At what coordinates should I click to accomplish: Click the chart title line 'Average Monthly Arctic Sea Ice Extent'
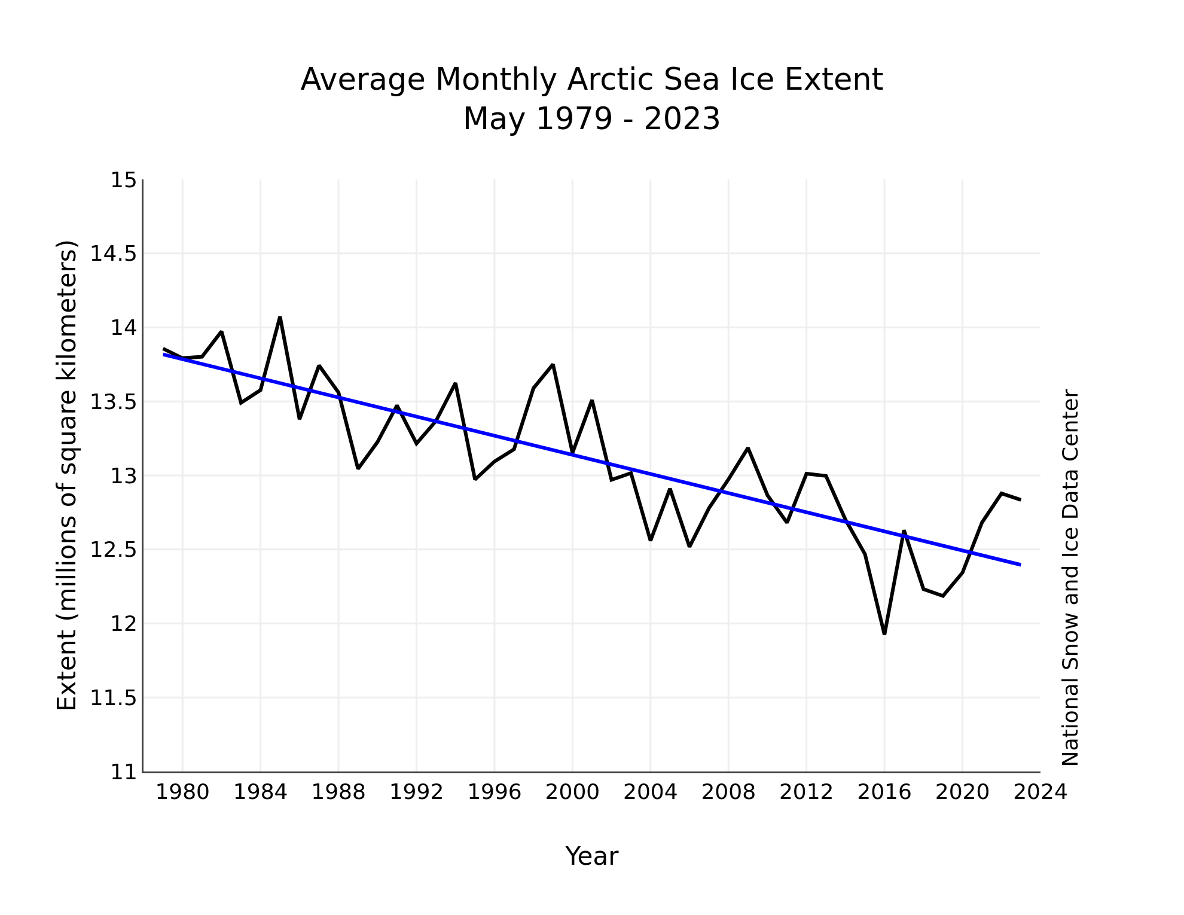coord(591,80)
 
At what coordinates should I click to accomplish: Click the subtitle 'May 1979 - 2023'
coord(591,119)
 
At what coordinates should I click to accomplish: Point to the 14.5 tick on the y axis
coord(113,254)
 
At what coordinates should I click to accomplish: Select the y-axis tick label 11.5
coord(113,698)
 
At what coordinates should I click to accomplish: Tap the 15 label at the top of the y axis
coord(123,181)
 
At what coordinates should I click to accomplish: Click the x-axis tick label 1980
coord(182,792)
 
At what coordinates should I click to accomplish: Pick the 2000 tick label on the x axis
coord(572,792)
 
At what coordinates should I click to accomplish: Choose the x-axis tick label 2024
coord(1040,792)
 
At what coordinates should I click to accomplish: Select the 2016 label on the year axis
coord(884,792)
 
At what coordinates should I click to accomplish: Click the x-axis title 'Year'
coord(591,856)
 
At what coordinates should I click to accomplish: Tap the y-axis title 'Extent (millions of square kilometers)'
coord(67,475)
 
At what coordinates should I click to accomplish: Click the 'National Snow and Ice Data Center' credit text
coord(1070,578)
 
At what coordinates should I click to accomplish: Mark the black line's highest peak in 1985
coord(280,318)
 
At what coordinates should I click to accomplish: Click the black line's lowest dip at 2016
coord(884,633)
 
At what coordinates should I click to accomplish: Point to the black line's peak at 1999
coord(553,364)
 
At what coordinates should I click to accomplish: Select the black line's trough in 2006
coord(689,546)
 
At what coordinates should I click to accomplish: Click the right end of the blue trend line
coord(1020,565)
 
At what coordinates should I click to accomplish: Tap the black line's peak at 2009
coord(748,448)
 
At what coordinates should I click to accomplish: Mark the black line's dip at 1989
coord(358,468)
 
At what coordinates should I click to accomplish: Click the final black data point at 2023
coord(1020,499)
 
